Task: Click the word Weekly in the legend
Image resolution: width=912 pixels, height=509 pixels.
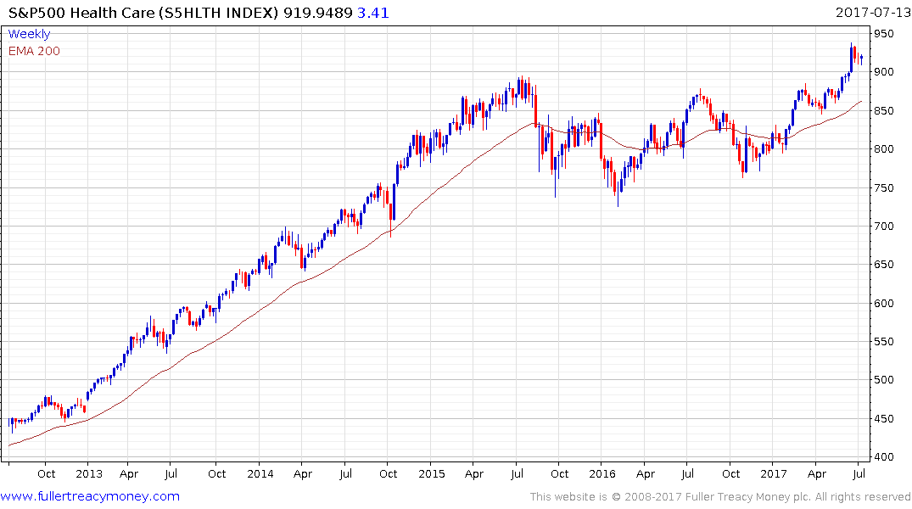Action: coord(29,35)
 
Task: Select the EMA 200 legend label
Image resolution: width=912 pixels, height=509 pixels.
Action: coord(34,51)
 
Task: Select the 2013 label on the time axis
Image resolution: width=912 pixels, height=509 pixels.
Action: coord(88,474)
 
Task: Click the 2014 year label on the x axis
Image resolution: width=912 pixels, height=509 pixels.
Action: coord(260,474)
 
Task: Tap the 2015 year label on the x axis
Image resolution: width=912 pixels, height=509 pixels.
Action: coord(431,474)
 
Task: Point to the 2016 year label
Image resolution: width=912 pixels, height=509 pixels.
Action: coord(602,474)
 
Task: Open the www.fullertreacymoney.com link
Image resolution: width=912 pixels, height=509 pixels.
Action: coord(90,496)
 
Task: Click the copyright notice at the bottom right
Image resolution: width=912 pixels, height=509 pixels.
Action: coord(720,497)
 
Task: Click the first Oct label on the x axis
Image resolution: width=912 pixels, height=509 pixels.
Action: coord(46,474)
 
